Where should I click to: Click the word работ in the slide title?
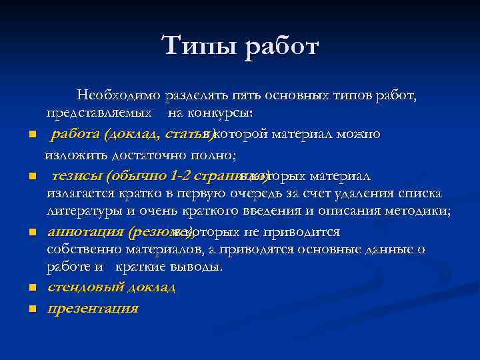click(x=282, y=47)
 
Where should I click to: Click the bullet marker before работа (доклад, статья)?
click(x=31, y=135)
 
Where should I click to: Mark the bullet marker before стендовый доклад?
click(x=31, y=289)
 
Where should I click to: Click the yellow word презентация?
click(x=93, y=308)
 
